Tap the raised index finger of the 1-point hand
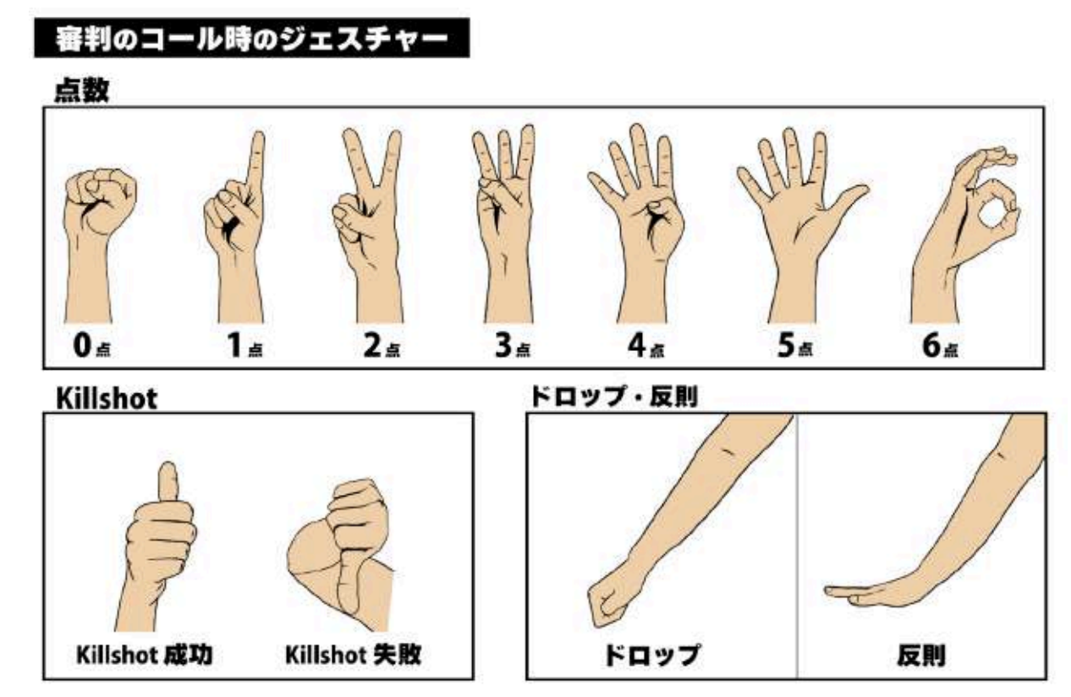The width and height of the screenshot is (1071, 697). pos(256,162)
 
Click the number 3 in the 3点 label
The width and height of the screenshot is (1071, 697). pos(503,345)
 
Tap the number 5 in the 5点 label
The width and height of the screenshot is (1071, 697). pos(785,345)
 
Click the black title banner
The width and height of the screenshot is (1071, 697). pos(251,38)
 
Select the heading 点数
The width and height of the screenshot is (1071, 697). pos(82,90)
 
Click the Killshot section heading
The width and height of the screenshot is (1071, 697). pos(106,398)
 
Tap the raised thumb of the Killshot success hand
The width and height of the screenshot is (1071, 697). pos(168,482)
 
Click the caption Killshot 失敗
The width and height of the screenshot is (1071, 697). pos(353,655)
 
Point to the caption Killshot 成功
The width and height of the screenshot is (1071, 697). pos(145,655)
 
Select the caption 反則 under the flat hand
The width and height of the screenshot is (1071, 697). pos(921,656)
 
